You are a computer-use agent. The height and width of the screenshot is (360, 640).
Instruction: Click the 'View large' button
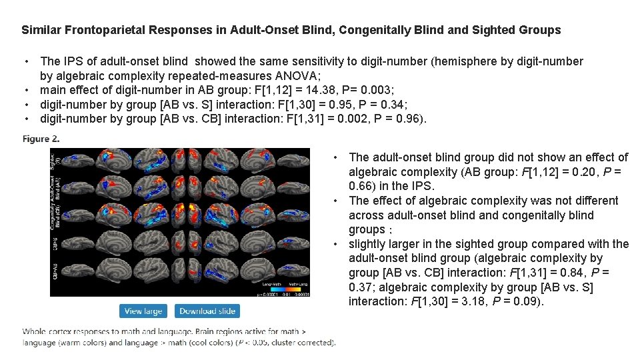click(143, 311)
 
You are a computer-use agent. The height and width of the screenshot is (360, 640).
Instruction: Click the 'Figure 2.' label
click(41, 139)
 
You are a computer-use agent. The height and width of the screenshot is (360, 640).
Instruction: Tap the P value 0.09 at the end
click(529, 302)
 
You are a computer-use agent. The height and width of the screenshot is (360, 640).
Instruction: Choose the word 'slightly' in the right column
click(369, 244)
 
